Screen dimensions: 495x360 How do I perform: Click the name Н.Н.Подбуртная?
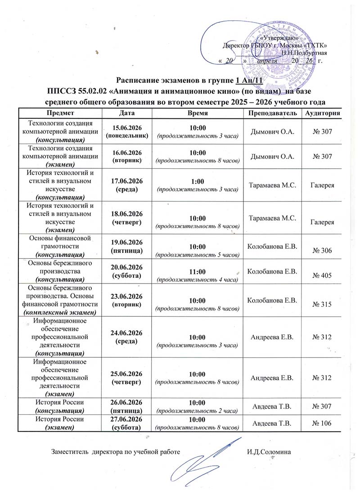coord(301,53)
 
